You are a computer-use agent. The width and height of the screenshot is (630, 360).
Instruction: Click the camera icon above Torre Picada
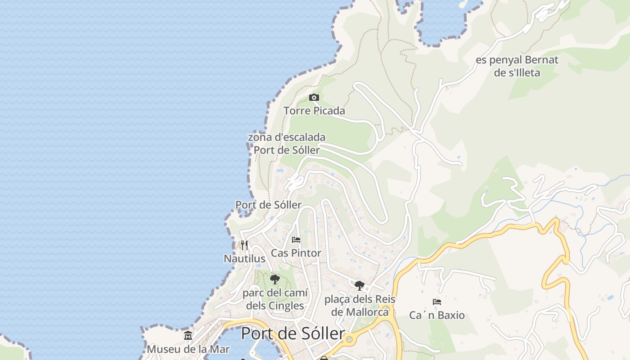coord(314,97)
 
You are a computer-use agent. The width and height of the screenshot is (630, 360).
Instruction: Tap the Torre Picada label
coord(314,111)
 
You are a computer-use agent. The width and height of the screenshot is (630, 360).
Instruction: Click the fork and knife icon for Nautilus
coord(244,245)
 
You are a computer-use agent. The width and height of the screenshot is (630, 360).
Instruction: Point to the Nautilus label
coord(244,259)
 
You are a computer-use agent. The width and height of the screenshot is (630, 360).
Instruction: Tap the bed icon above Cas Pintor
coord(296,239)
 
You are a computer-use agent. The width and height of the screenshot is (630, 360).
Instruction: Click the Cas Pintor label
coord(296,253)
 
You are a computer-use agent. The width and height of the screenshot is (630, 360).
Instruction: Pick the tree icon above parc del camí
coord(274,279)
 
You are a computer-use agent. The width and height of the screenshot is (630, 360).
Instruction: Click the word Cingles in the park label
coord(286,306)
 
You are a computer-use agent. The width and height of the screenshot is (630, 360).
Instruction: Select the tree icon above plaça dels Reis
coord(359,285)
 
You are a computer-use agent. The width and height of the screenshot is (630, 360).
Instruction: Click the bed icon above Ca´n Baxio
coord(436,301)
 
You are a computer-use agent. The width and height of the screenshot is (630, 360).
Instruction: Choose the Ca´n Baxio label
coord(436,315)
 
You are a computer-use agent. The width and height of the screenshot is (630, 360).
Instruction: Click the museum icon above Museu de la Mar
coord(188,335)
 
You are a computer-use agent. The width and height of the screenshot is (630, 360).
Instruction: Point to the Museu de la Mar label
coord(188,349)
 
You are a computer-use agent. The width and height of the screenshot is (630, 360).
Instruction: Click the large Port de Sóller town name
coord(293,334)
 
